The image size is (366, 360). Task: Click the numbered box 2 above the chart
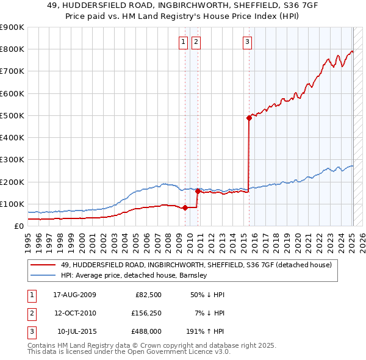click(x=196, y=42)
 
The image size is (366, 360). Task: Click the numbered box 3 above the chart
click(x=247, y=42)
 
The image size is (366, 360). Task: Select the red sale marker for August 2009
click(x=185, y=207)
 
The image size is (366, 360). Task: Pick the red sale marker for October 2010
click(x=198, y=191)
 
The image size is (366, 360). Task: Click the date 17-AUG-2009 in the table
click(x=74, y=295)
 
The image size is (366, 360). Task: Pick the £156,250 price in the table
click(x=146, y=313)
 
